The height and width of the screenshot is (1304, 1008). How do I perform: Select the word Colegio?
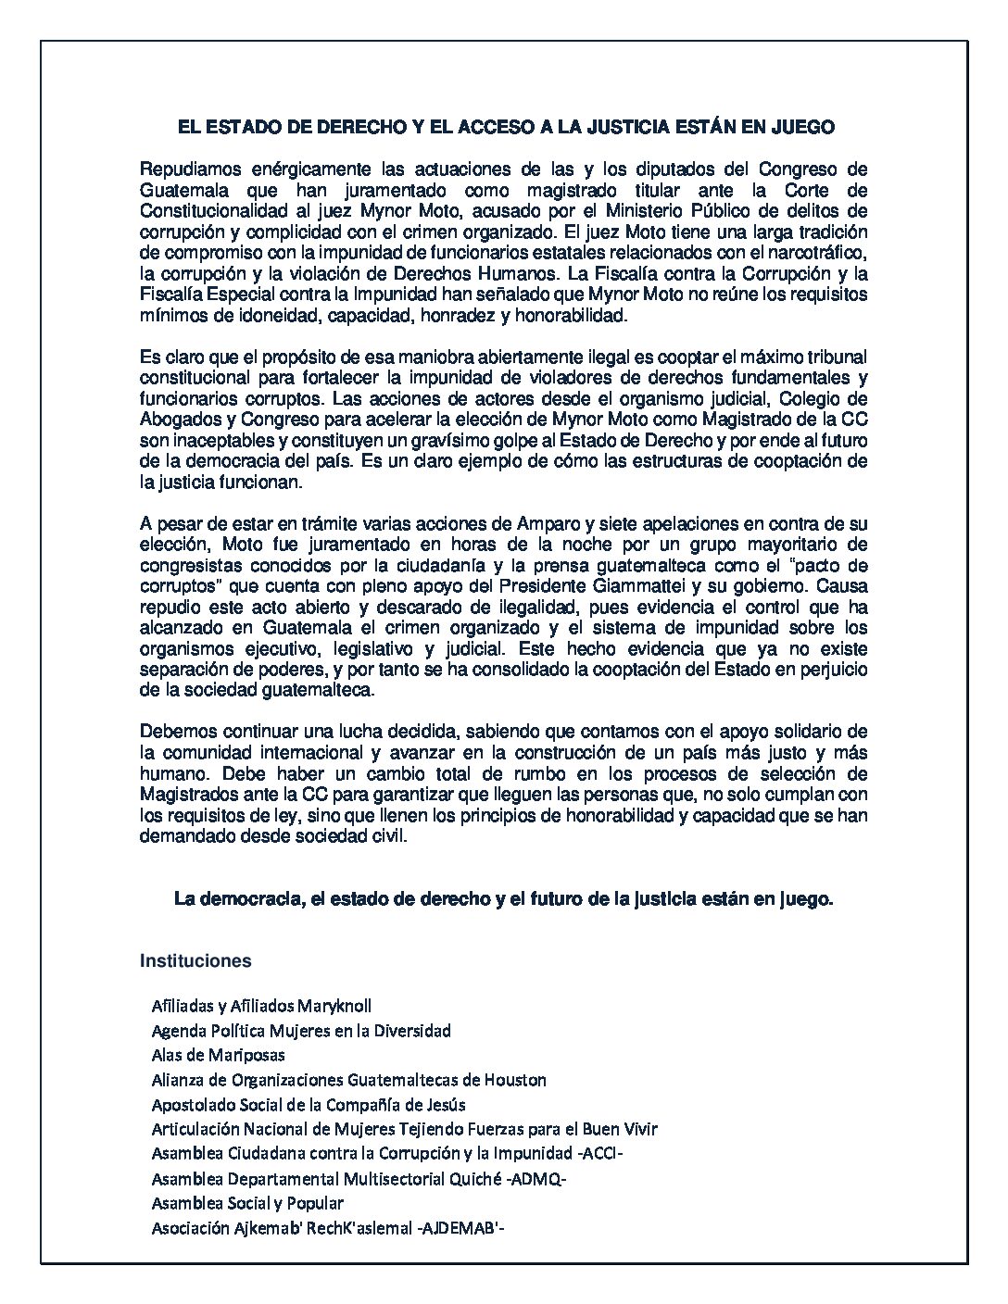[839, 398]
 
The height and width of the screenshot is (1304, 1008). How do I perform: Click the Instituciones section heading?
[195, 961]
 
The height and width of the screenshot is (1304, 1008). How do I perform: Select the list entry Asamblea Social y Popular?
[247, 1203]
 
